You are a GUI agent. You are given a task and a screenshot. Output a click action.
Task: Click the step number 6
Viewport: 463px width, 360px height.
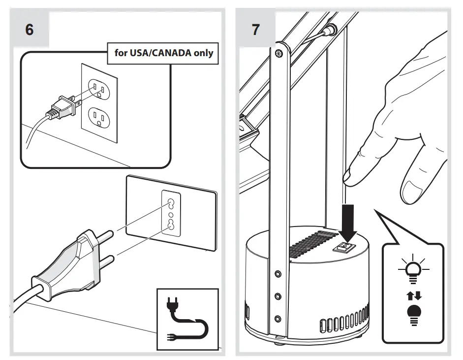pos(30,30)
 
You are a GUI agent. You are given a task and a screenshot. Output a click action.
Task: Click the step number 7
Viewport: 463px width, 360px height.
pos(255,30)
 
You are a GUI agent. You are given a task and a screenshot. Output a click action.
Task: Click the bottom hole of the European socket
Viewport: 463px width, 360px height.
pos(171,225)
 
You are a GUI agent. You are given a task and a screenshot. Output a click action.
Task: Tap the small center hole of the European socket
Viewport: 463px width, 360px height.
pos(171,214)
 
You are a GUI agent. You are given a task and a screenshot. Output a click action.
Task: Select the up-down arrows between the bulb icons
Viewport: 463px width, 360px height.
pos(412,296)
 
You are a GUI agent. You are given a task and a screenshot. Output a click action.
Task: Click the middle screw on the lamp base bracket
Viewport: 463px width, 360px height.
pos(278,296)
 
